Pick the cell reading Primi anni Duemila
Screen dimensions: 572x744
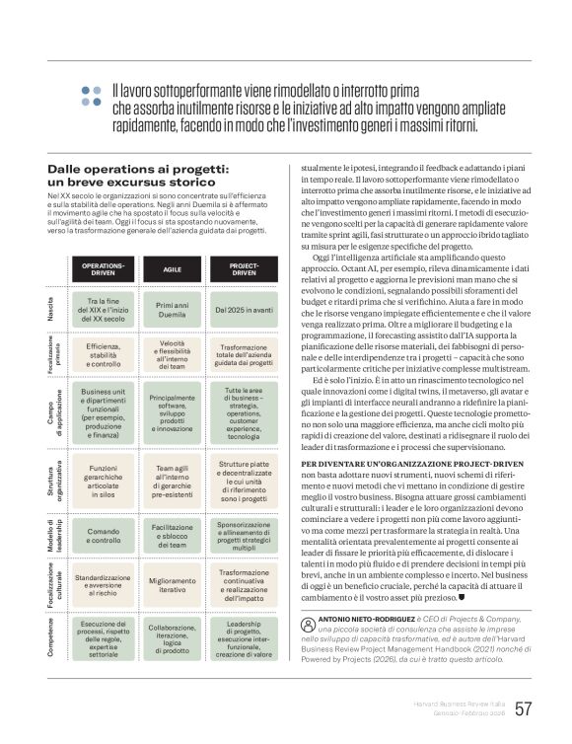click(x=172, y=308)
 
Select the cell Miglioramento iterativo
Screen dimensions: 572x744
click(x=172, y=584)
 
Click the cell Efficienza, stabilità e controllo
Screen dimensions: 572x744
click(x=103, y=353)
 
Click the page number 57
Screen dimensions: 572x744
click(x=524, y=707)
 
